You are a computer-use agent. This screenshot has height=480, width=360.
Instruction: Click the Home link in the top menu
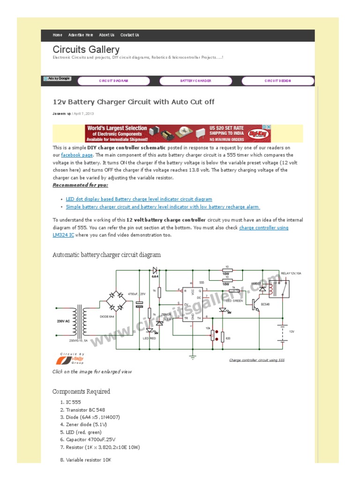[58, 35]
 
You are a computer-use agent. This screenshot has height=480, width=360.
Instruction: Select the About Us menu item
[107, 35]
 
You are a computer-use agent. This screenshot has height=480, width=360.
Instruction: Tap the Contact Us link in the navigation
[130, 35]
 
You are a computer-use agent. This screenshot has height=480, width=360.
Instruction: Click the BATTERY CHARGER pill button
[196, 81]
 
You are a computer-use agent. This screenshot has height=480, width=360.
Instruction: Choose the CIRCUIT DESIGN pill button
[277, 81]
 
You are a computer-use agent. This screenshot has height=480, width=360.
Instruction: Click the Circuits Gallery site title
[86, 49]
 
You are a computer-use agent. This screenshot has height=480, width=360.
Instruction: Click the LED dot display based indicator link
[139, 199]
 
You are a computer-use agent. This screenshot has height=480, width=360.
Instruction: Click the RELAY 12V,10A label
[292, 273]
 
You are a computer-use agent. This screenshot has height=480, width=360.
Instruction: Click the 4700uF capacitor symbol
[139, 304]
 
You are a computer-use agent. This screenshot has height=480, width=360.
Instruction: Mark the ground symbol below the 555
[192, 357]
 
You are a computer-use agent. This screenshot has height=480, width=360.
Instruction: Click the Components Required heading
[82, 391]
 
